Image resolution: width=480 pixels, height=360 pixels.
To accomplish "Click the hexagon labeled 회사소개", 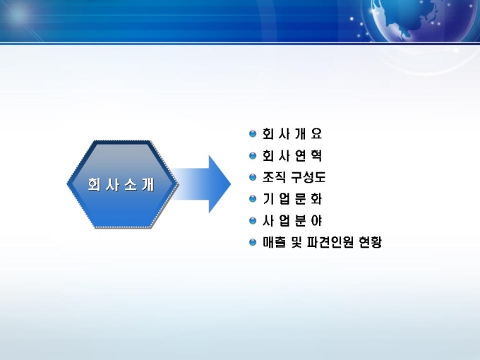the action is [122, 184].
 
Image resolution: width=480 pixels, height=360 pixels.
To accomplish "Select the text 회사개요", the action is [292, 134].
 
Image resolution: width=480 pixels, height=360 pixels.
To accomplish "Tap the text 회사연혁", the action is [292, 155].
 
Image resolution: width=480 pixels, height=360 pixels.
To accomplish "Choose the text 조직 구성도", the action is [294, 177].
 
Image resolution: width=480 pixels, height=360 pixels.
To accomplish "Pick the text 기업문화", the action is [292, 199].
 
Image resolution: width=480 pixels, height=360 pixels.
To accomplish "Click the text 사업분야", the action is [292, 221].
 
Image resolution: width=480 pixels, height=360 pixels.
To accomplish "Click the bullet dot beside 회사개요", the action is [253, 134].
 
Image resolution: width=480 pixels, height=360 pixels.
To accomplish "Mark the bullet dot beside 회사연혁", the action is [253, 155].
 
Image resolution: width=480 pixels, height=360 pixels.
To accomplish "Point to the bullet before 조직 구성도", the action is [253, 177].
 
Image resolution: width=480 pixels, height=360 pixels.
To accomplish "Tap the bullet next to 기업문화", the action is [253, 199].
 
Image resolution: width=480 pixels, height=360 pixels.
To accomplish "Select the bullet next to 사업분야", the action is [253, 221].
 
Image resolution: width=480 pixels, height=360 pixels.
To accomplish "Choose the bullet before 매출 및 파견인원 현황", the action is [253, 242].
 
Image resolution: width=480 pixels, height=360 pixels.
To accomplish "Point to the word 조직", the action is [274, 177].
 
